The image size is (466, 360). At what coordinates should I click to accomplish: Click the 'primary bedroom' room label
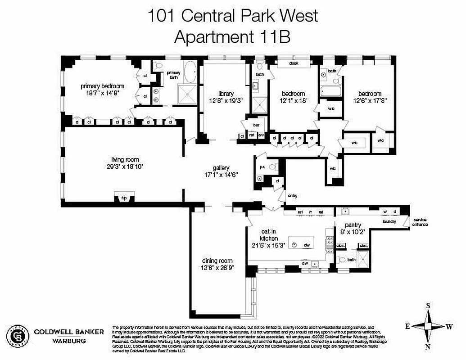point(102,86)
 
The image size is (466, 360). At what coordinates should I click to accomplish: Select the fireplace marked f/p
point(124,198)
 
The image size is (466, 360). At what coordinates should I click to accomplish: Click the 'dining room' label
point(217,261)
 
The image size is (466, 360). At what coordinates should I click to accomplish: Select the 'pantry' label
point(353,225)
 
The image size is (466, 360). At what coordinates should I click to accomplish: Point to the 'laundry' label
point(389,221)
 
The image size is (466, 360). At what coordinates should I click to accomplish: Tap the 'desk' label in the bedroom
point(294,63)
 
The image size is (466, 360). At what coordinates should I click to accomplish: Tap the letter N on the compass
point(428,346)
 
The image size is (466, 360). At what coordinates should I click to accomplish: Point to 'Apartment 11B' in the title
point(232,37)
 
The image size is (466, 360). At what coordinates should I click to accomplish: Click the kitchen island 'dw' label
point(307,245)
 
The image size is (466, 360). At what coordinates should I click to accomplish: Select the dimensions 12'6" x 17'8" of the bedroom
point(370,101)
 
